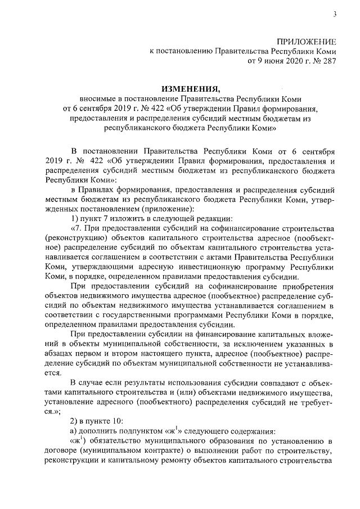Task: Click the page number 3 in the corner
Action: [x=334, y=15]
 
